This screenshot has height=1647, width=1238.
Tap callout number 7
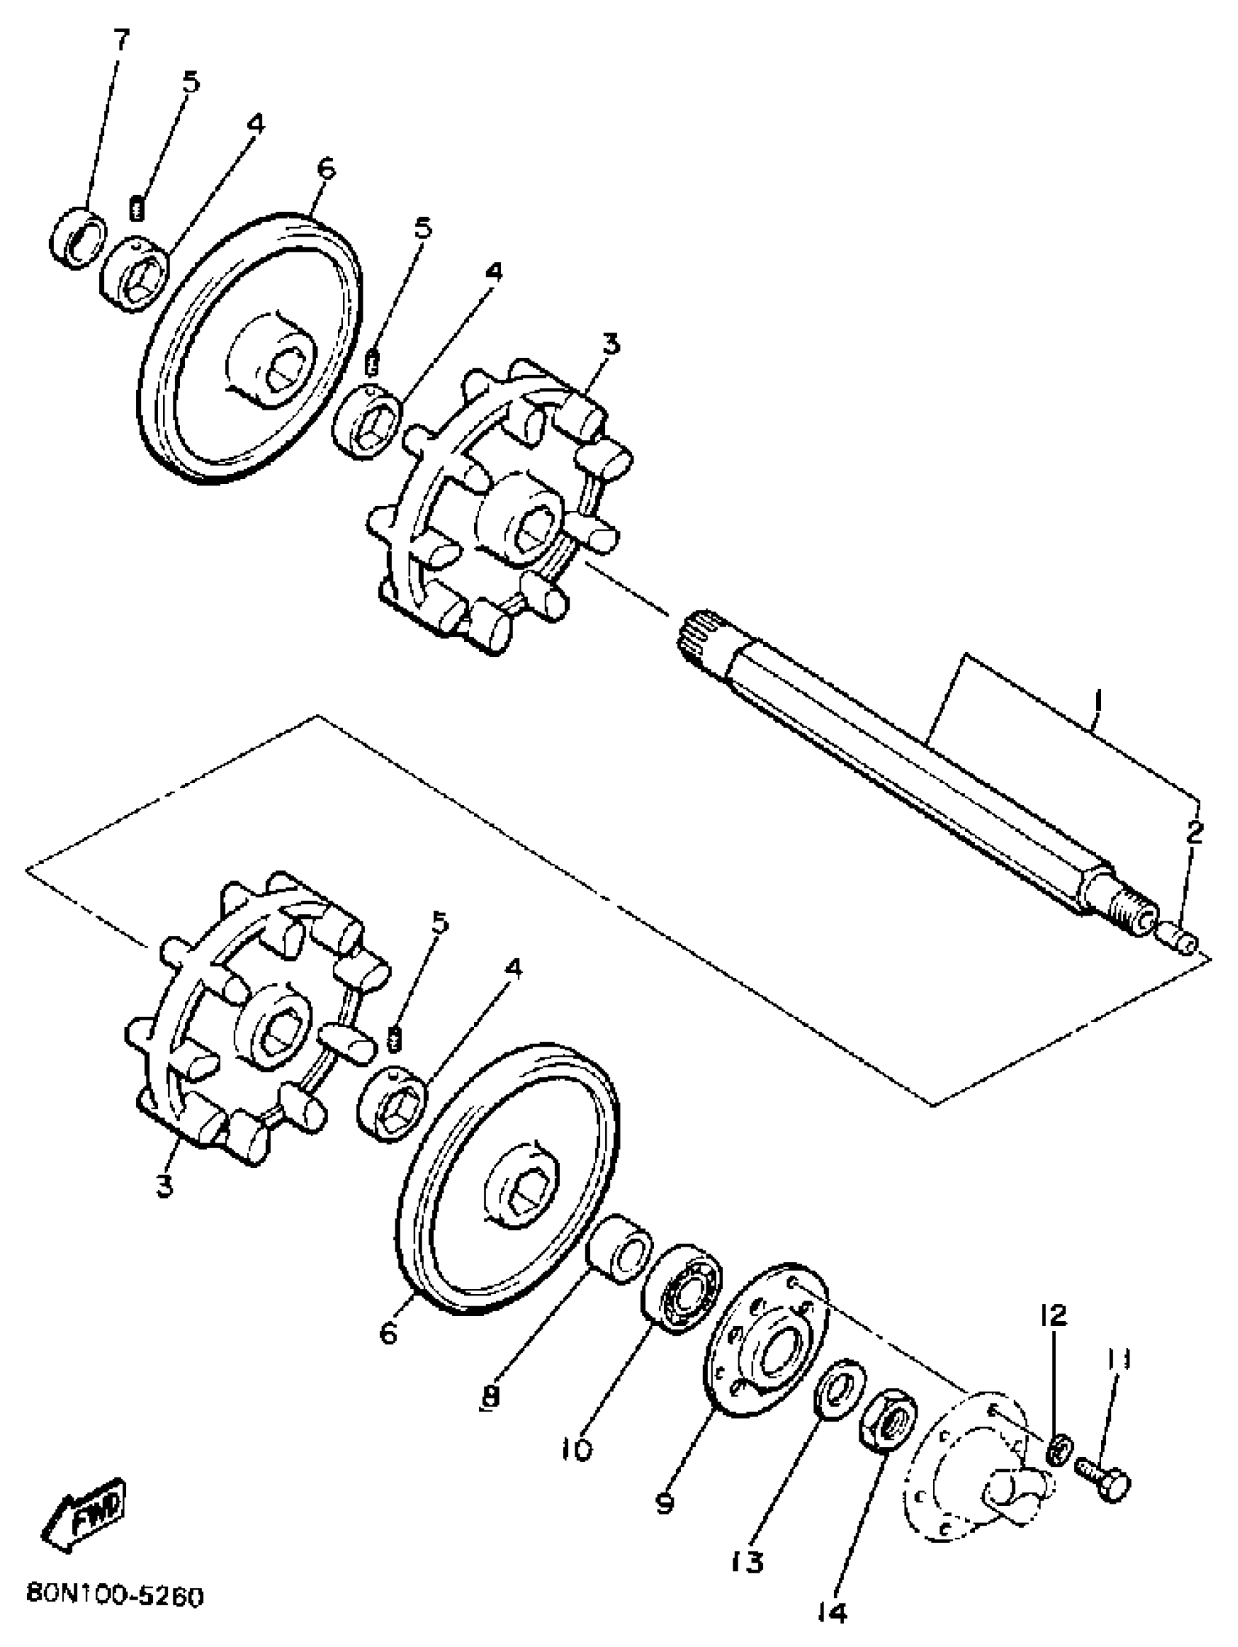120,38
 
